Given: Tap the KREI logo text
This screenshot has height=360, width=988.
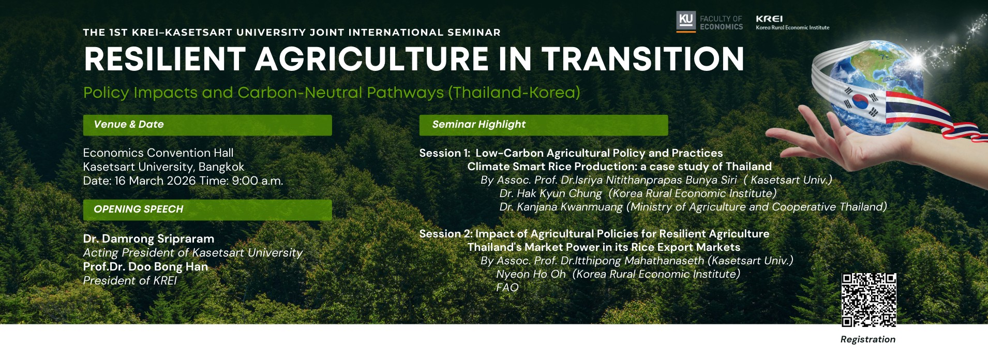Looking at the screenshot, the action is [769, 19].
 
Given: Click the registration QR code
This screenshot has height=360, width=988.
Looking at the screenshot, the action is [869, 300].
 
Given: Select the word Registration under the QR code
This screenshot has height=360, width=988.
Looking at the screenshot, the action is [867, 339].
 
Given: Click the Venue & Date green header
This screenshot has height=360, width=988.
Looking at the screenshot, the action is [207, 125].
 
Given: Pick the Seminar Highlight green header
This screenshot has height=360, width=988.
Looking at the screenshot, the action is [544, 125].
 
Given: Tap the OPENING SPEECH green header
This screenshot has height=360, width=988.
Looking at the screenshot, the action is [207, 209].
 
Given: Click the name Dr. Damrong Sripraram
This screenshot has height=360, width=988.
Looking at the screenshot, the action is [148, 239].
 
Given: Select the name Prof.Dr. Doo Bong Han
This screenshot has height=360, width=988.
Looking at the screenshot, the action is [145, 267].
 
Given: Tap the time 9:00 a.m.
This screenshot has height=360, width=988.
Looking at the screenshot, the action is [258, 181].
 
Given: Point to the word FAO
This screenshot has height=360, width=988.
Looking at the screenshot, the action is [507, 288].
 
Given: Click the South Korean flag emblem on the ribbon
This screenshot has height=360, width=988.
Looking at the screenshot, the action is [860, 101].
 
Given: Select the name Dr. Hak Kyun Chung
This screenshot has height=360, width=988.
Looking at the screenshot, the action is [550, 193].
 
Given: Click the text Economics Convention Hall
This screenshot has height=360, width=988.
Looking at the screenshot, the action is [158, 153].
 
